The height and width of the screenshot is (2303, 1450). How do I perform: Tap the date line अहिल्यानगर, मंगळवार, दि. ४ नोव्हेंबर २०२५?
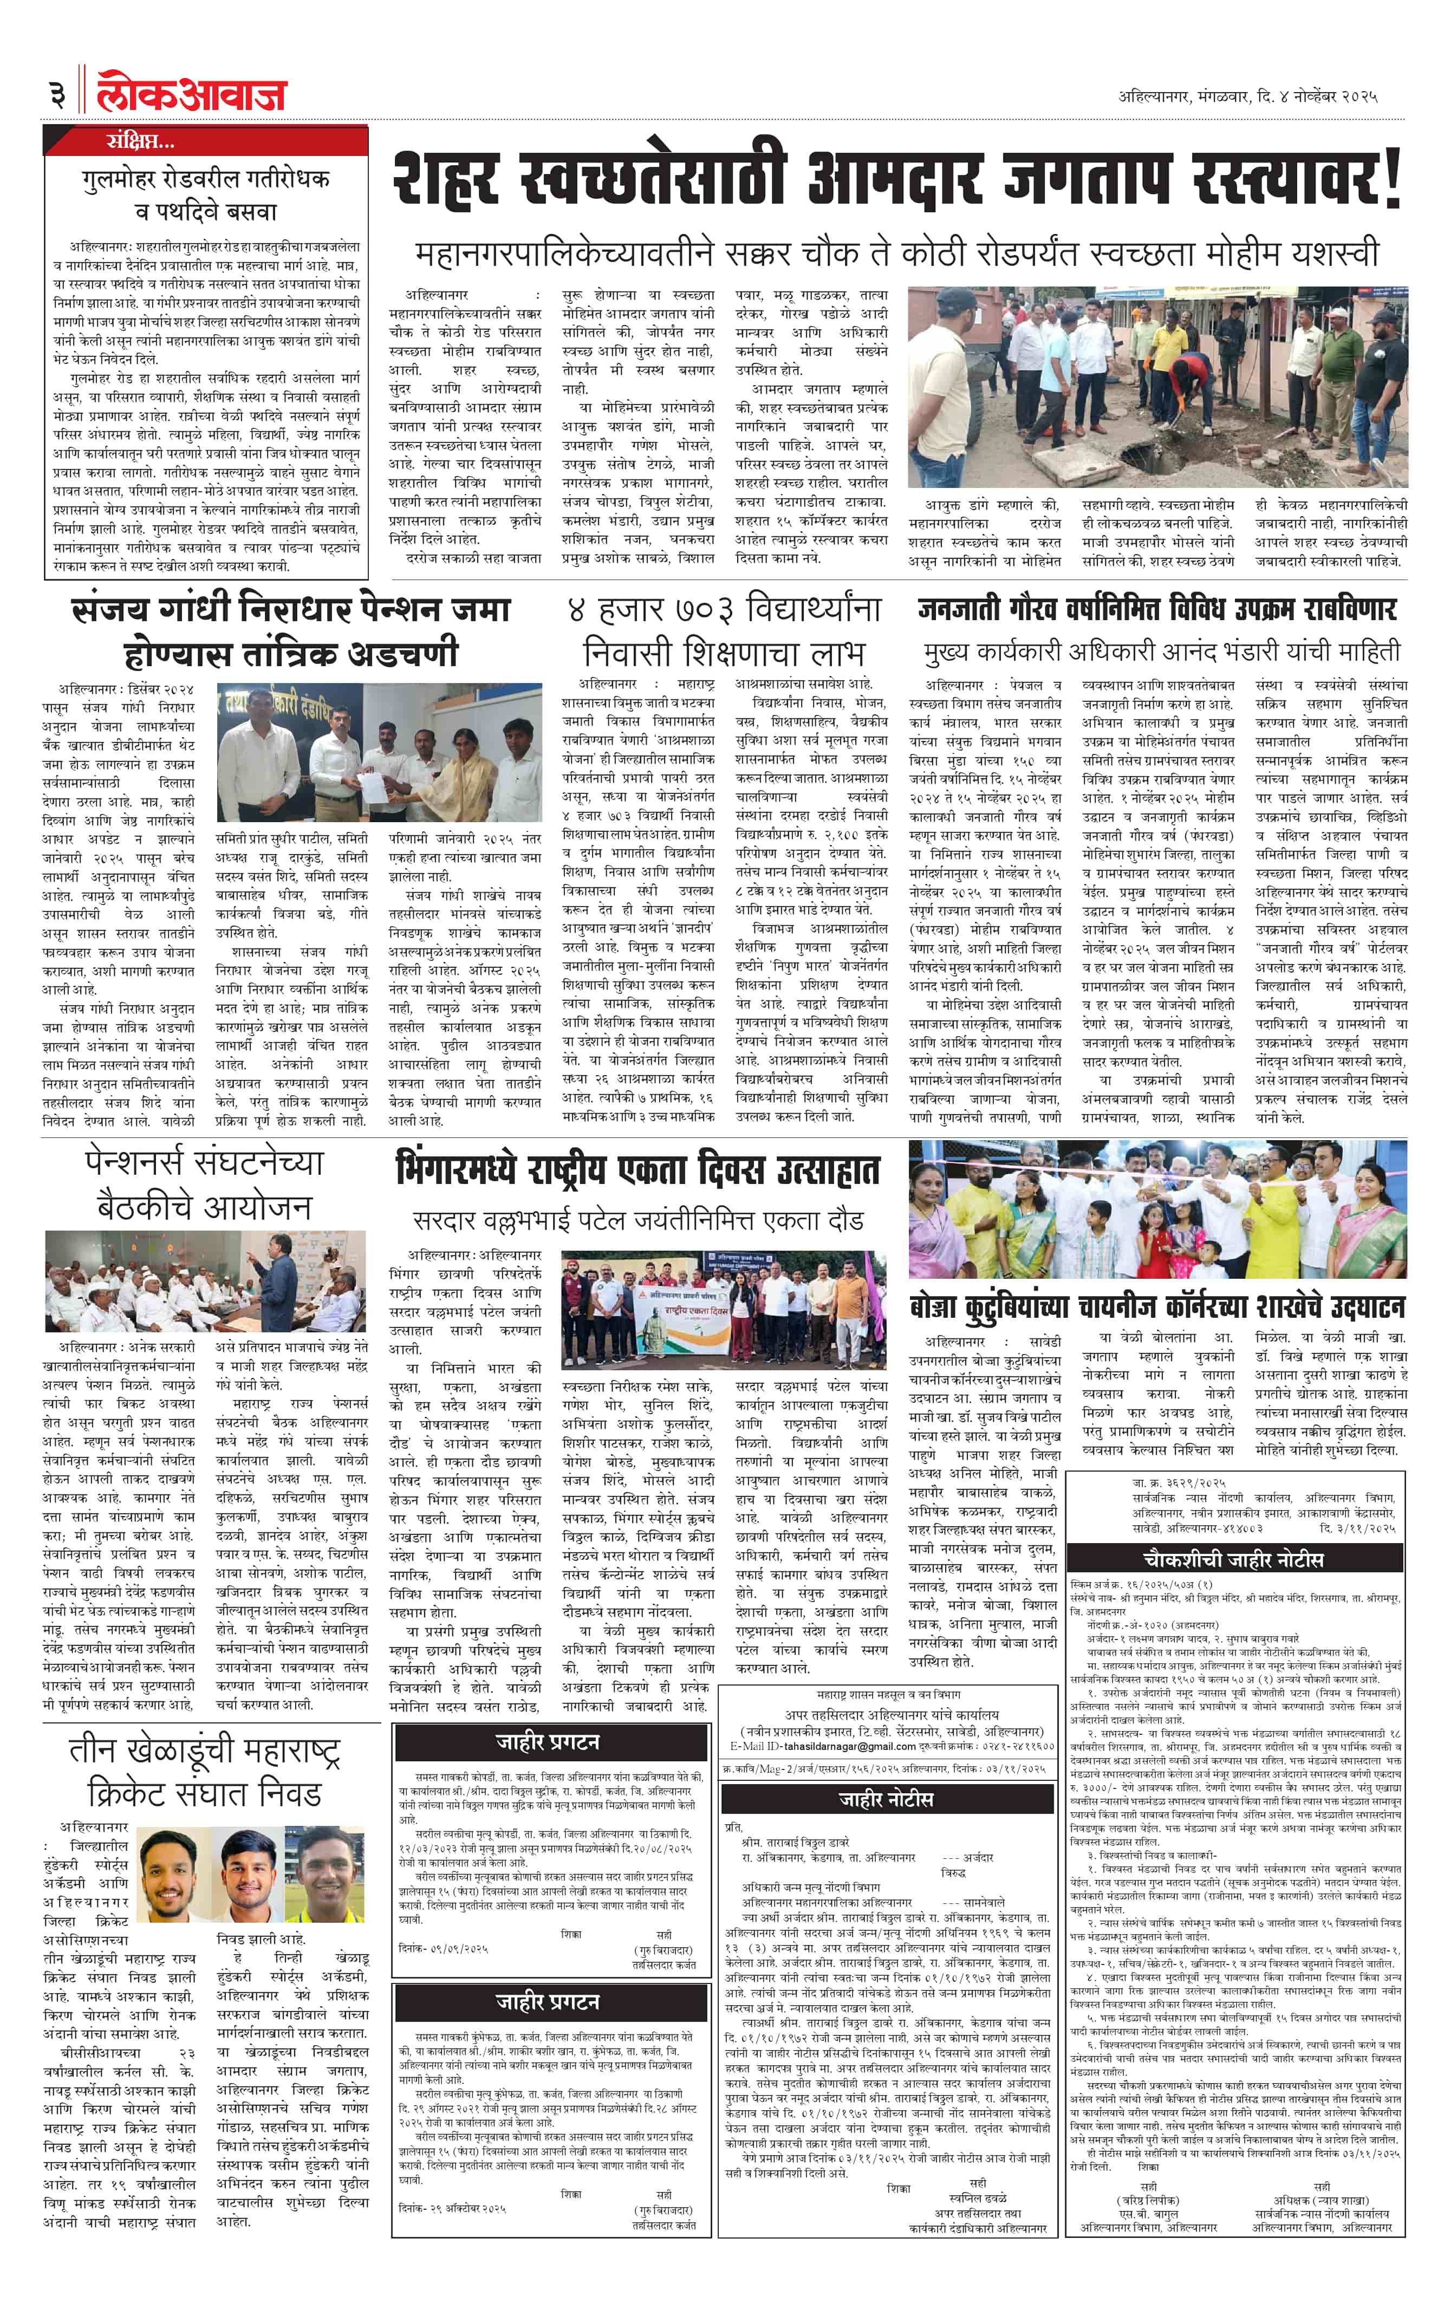1247,96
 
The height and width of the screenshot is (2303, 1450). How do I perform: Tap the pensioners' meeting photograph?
206,1281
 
